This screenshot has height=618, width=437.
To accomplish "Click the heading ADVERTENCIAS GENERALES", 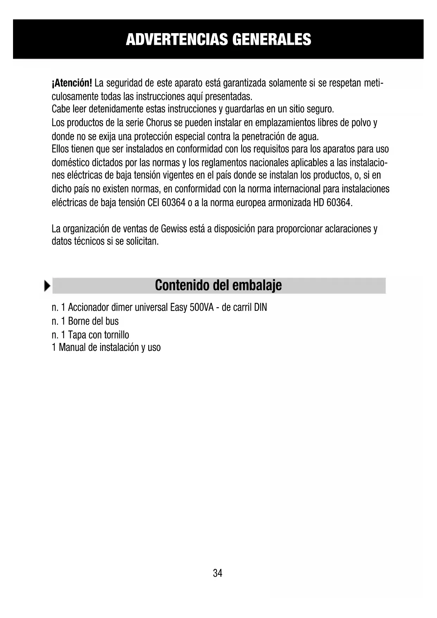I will pyautogui.click(x=218, y=39).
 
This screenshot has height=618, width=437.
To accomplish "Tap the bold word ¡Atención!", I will pyautogui.click(x=72, y=84).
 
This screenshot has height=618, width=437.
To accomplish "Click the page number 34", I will pyautogui.click(x=218, y=573).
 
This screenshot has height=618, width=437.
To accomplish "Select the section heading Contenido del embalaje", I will pyautogui.click(x=218, y=285).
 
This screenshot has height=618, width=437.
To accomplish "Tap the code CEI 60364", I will pyautogui.click(x=167, y=203).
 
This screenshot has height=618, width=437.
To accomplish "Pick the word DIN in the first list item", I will pyautogui.click(x=261, y=308).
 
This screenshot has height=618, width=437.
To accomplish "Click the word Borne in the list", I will pyautogui.click(x=79, y=321).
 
